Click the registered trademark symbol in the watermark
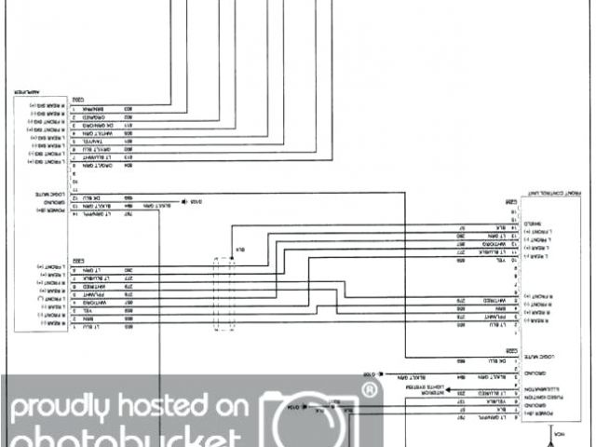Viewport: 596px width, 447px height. (370, 390)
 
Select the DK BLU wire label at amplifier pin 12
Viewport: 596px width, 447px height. (93, 198)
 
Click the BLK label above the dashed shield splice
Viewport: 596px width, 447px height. (239, 250)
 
